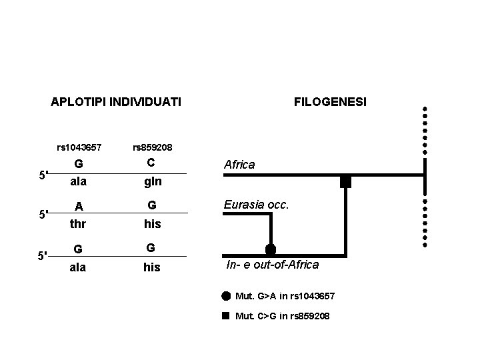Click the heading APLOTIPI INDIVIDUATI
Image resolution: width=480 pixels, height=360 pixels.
pyautogui.click(x=116, y=103)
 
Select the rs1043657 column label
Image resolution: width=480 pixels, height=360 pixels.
pyautogui.click(x=79, y=147)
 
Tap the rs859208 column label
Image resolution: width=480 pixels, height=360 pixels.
pyautogui.click(x=153, y=147)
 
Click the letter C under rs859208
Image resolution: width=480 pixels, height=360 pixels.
pyautogui.click(x=151, y=163)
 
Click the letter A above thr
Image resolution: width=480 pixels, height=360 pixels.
pyautogui.click(x=79, y=207)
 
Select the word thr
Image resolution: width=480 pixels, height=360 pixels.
pyautogui.click(x=79, y=224)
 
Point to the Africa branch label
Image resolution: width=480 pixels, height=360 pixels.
pyautogui.click(x=239, y=164)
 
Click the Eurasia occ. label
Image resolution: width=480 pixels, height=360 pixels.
pyautogui.click(x=257, y=205)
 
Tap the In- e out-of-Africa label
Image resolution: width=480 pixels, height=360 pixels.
pyautogui.click(x=272, y=265)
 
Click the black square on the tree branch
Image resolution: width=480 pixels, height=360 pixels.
pyautogui.click(x=345, y=181)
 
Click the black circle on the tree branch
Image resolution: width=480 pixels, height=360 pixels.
pyautogui.click(x=270, y=250)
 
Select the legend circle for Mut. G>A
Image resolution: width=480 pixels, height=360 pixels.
pyautogui.click(x=226, y=295)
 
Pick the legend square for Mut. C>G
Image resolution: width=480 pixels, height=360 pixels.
pyautogui.click(x=226, y=315)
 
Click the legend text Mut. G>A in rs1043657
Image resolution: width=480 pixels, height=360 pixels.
pyautogui.click(x=285, y=295)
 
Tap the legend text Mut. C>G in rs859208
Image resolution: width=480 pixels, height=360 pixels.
pyautogui.click(x=282, y=315)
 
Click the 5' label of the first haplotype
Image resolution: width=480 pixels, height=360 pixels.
pyautogui.click(x=42, y=176)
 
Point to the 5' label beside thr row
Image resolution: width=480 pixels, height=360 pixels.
pyautogui.click(x=42, y=215)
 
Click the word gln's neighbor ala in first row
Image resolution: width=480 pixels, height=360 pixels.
pyautogui.click(x=79, y=181)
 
